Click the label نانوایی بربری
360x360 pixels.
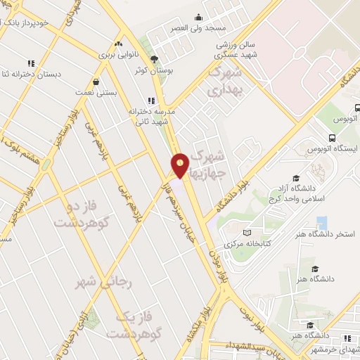click(115, 53)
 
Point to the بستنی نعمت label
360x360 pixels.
click(95, 91)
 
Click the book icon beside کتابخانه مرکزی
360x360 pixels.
click(246, 233)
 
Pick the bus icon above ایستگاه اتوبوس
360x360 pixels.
click(332, 139)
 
